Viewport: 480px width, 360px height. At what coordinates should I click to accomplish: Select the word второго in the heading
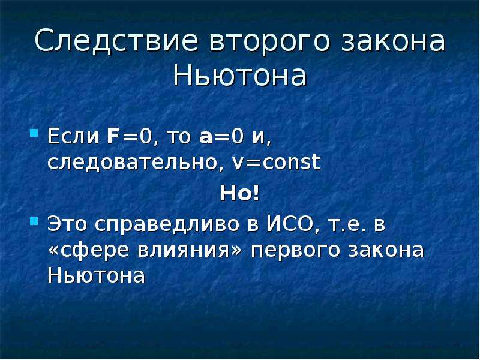click(269, 43)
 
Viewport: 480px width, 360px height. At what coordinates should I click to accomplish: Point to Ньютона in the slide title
click(239, 76)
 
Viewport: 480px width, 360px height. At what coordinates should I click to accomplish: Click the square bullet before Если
click(34, 133)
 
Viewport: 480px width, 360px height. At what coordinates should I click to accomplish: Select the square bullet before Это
click(34, 221)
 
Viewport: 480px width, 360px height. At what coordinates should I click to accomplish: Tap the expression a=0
click(221, 137)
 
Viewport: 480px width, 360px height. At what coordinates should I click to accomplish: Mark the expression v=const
click(276, 162)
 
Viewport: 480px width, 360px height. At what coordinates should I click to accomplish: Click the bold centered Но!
click(239, 193)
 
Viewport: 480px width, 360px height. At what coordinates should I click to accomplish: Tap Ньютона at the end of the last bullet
click(96, 275)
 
